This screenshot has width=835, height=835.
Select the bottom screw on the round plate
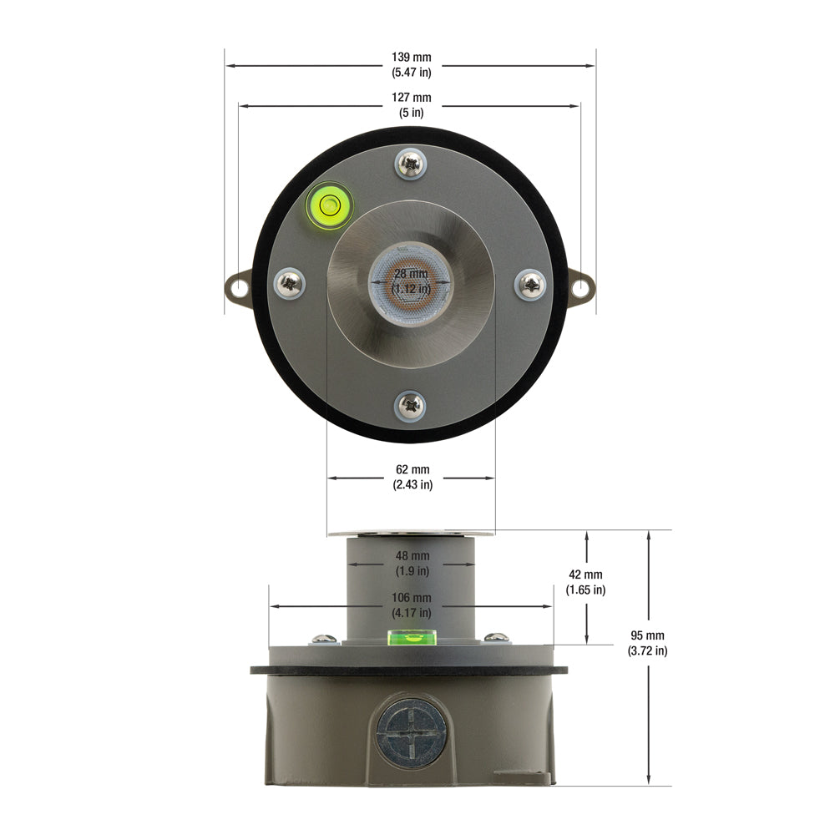[x=412, y=406]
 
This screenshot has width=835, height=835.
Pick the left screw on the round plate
[x=290, y=284]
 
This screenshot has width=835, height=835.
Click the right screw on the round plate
[x=531, y=285]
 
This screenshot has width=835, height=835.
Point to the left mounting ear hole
[x=239, y=288]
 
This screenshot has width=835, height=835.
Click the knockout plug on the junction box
[x=411, y=731]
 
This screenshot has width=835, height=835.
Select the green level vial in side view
[x=412, y=638]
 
